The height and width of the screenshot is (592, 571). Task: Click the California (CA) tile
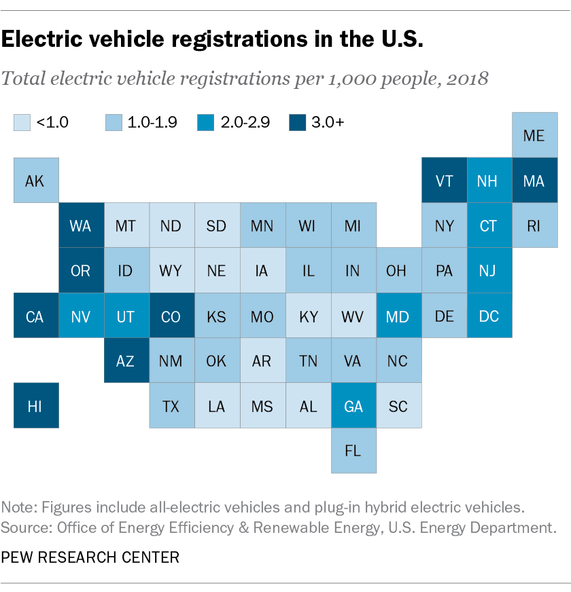36,316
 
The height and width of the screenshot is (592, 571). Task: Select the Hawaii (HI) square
36,406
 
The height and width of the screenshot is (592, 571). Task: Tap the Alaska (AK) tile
36,181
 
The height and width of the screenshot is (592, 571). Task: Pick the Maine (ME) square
534,135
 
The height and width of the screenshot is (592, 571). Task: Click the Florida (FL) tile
353,451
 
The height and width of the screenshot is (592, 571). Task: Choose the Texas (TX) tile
171,406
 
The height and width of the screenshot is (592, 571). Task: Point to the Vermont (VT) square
444,181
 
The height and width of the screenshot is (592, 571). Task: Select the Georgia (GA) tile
353,406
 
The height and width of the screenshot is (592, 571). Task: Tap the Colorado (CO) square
171,316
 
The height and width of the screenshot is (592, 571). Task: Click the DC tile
489,316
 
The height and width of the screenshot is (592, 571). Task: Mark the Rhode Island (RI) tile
534,225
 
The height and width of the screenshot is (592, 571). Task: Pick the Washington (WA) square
81,225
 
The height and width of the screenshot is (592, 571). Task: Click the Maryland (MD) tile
398,316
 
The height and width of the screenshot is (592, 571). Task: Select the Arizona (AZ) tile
126,360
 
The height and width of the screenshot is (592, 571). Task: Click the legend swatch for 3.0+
297,122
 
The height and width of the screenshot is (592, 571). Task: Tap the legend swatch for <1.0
22,122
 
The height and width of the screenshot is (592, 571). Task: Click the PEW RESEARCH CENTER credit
90,557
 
